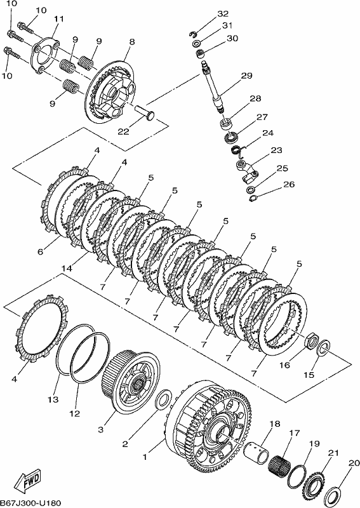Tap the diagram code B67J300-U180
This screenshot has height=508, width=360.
click(30, 503)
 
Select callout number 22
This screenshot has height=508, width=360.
click(123, 131)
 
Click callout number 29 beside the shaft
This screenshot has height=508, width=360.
click(246, 76)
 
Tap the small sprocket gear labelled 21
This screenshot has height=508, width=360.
click(314, 484)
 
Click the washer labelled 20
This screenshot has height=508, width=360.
click(333, 496)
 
